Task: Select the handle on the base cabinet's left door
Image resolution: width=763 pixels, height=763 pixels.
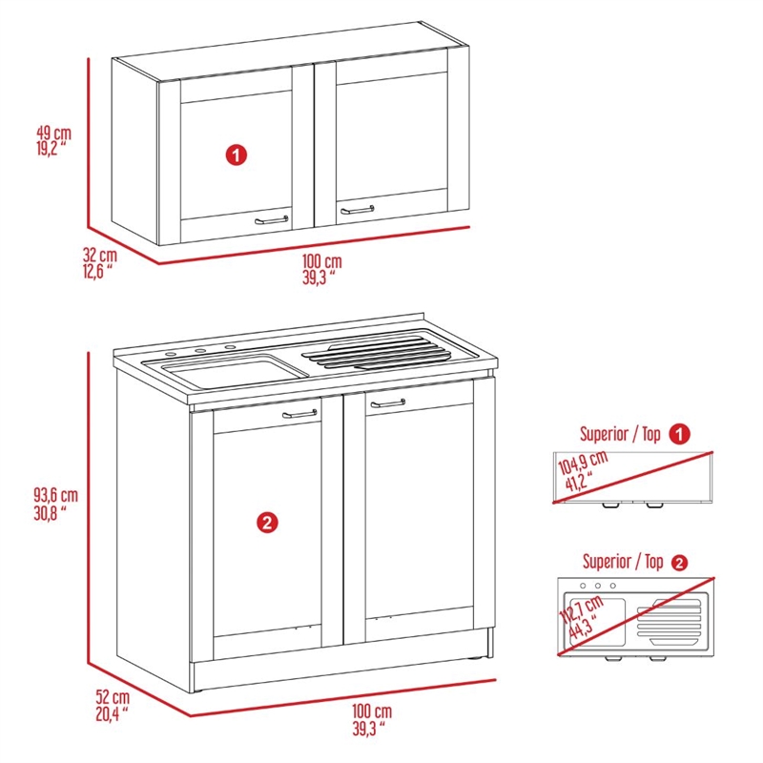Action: (x=300, y=414)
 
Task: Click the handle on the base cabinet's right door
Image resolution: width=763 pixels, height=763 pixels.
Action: (x=388, y=404)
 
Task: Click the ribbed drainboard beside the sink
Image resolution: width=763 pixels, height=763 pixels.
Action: (x=377, y=351)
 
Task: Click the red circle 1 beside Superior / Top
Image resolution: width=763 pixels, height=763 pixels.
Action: (x=679, y=434)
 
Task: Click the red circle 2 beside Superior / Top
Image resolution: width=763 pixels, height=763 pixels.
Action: (x=679, y=563)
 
